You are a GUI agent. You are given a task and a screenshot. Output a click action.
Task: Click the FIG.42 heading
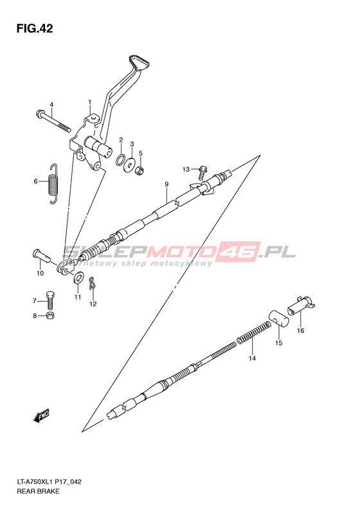[35, 28]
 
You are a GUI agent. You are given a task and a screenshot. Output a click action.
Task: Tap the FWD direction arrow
[41, 415]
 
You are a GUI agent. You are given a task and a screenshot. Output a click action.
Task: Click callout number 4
[51, 104]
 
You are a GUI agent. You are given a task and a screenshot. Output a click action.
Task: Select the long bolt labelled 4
[53, 121]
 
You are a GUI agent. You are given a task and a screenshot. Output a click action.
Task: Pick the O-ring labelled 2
[121, 160]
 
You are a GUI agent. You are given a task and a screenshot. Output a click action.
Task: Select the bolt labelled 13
[201, 172]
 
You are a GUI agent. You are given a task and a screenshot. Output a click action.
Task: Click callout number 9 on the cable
[166, 185]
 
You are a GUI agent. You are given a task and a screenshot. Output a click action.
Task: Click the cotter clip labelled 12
[92, 282]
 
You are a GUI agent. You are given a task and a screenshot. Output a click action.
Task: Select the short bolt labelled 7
[50, 301]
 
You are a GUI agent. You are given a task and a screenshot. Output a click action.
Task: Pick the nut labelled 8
[50, 315]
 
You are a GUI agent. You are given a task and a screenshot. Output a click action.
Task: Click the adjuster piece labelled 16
[301, 305]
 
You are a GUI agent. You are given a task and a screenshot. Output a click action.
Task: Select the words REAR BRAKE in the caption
[39, 491]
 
